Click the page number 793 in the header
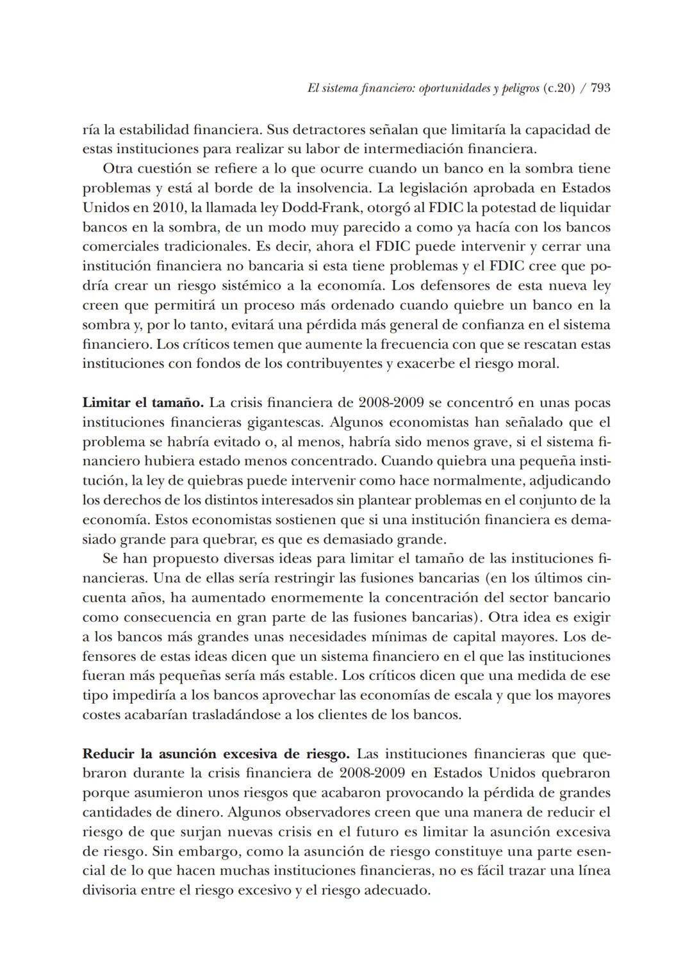tap(600, 88)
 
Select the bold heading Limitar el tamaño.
tap(143, 403)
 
